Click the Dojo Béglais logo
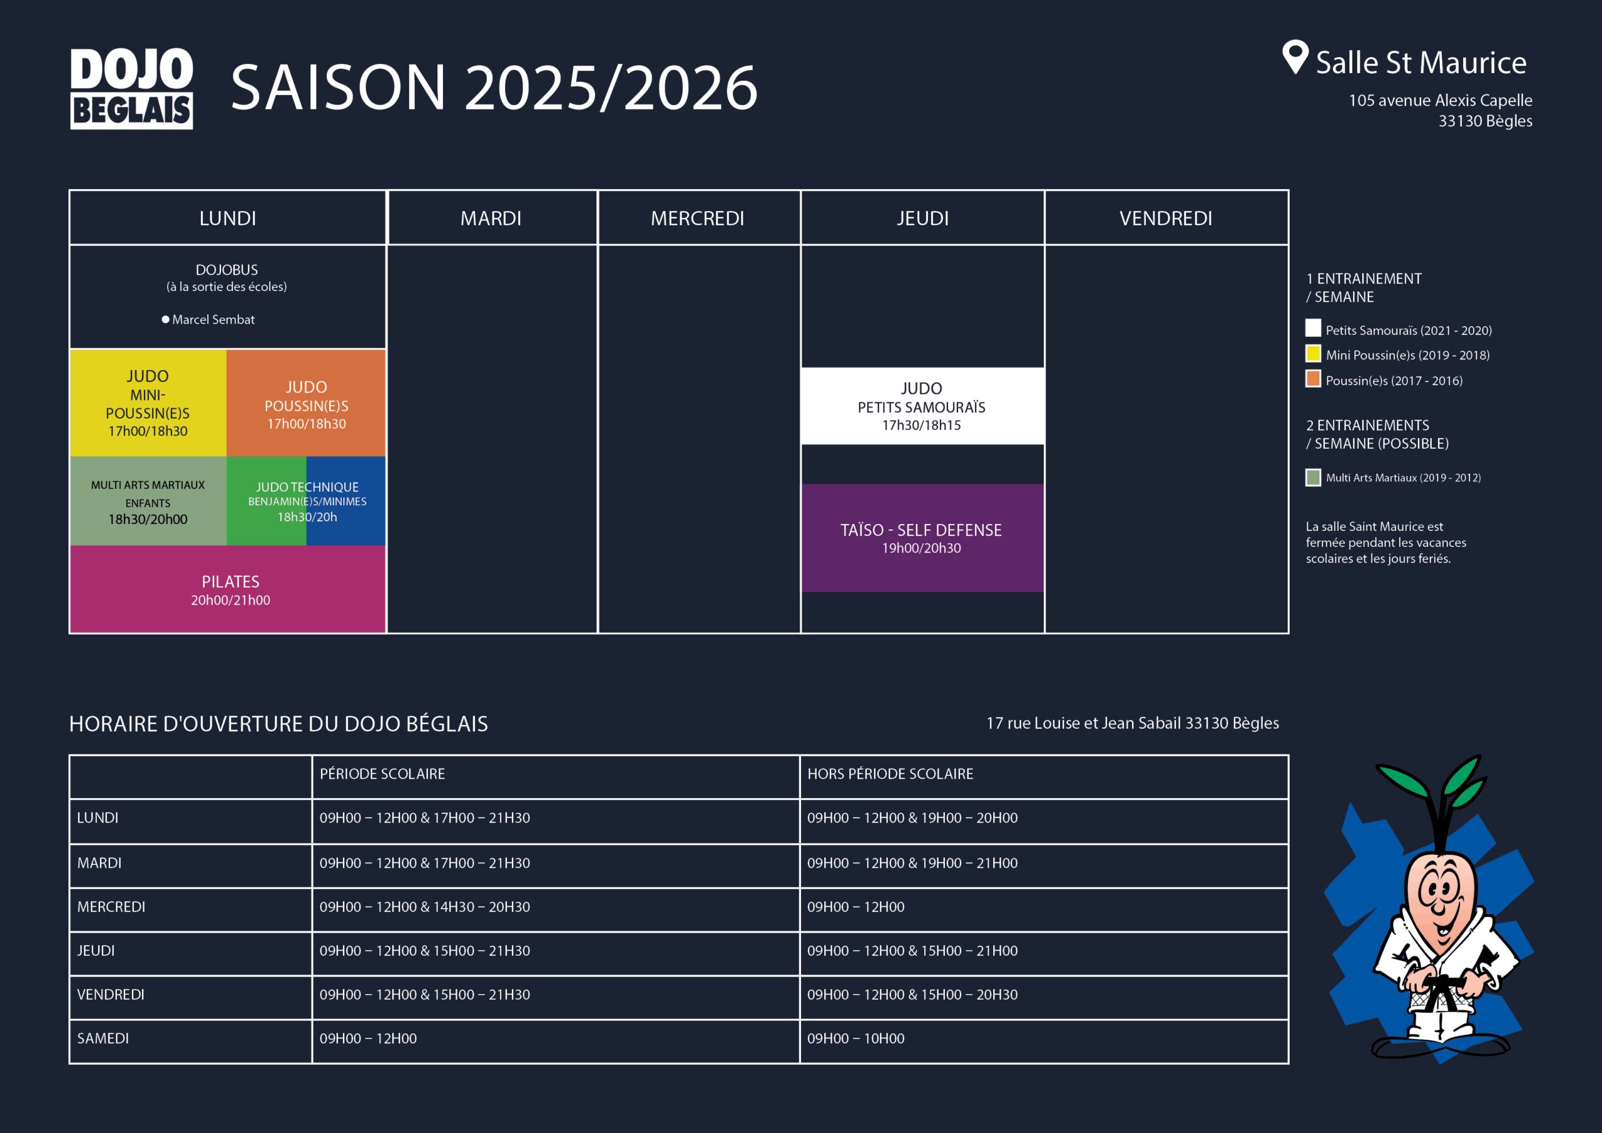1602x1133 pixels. tap(131, 88)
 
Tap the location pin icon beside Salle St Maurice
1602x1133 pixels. tap(1295, 56)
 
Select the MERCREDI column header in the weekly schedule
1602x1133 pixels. tap(698, 218)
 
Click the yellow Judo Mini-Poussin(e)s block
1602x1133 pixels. tap(148, 402)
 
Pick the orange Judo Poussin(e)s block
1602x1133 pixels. tap(306, 402)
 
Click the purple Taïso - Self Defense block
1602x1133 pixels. tap(922, 538)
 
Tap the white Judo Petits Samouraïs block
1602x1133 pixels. tap(922, 406)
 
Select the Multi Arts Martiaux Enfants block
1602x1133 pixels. tap(148, 501)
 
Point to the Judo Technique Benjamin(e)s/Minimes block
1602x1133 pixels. tap(306, 501)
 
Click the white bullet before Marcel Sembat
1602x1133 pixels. tap(165, 320)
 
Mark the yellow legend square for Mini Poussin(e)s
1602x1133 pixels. tap(1313, 353)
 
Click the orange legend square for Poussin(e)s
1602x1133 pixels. tap(1313, 378)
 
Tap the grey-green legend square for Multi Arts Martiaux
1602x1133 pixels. tap(1313, 478)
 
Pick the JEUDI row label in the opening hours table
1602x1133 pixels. tap(96, 951)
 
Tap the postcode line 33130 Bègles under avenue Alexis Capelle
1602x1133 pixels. tap(1486, 121)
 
